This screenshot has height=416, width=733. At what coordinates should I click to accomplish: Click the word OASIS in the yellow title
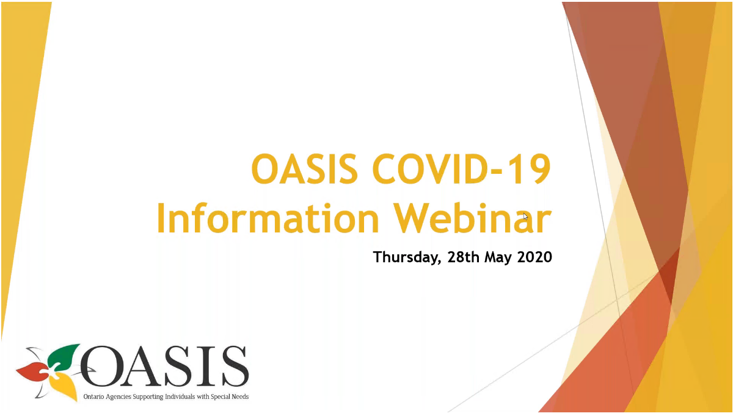[x=304, y=169]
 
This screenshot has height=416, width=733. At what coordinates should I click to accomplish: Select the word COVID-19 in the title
[x=461, y=169]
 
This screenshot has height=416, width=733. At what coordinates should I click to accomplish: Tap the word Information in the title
[x=268, y=217]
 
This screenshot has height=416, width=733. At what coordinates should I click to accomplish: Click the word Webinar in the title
[x=473, y=217]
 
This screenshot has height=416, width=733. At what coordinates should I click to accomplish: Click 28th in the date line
[x=464, y=257]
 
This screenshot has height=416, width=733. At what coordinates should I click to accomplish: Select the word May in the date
[x=498, y=258]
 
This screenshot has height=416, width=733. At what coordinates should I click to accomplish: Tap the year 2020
[x=534, y=257]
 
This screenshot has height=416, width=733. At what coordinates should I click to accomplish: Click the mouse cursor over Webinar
[x=525, y=217]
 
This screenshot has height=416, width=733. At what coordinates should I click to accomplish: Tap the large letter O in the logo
[x=102, y=367]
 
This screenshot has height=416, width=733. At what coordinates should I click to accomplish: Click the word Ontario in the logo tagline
[x=93, y=397]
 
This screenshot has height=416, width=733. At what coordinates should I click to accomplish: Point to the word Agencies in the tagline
[x=118, y=397]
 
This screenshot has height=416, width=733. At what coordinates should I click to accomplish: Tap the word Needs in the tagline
[x=240, y=397]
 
